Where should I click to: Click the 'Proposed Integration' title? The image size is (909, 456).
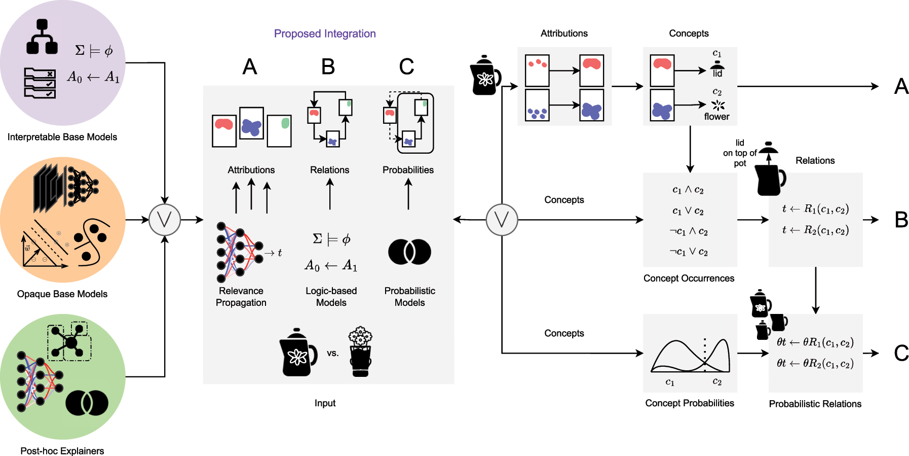(325, 33)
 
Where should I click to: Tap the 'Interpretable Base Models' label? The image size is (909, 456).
(62, 137)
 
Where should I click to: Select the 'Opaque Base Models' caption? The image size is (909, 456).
(62, 294)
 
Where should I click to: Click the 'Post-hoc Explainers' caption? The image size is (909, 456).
(62, 451)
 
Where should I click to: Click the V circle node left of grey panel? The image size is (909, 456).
(165, 220)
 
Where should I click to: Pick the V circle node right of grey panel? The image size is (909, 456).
(502, 220)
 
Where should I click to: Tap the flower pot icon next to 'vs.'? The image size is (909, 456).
(360, 352)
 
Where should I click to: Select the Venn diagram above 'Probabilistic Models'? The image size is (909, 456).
(409, 252)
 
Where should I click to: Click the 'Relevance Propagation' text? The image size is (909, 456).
(241, 297)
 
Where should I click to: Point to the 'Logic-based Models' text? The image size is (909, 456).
(331, 297)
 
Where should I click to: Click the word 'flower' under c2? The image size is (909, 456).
(716, 117)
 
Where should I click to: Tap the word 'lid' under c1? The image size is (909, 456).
(717, 74)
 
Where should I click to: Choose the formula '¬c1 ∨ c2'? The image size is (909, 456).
(689, 252)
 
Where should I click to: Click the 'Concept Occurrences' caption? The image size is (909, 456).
(689, 278)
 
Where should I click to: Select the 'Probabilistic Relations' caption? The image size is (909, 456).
(815, 404)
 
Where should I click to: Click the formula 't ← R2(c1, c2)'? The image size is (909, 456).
(815, 230)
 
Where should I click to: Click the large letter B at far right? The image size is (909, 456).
(901, 220)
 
